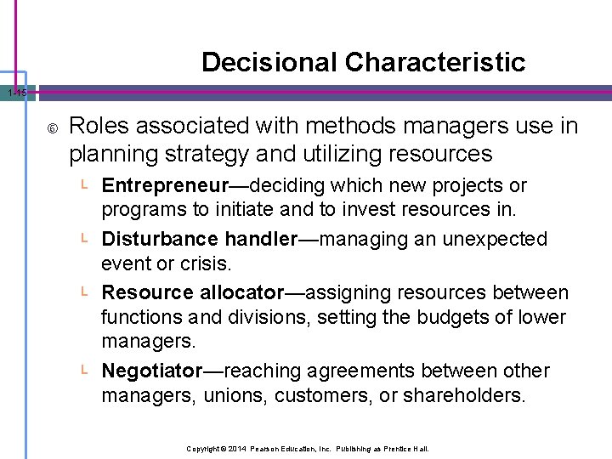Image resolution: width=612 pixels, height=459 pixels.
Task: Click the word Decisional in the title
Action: click(269, 62)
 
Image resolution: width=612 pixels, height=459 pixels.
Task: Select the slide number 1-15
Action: click(14, 93)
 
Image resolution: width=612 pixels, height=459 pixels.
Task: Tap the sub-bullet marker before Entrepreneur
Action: click(85, 185)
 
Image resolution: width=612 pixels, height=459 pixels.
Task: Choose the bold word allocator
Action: click(241, 292)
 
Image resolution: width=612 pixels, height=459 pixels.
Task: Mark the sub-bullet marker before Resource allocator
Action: click(85, 292)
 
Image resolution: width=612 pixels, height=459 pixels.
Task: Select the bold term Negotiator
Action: click(152, 371)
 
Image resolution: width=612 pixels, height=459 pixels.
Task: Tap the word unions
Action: click(224, 396)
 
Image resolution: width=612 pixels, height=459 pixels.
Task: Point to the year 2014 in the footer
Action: click(236, 448)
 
